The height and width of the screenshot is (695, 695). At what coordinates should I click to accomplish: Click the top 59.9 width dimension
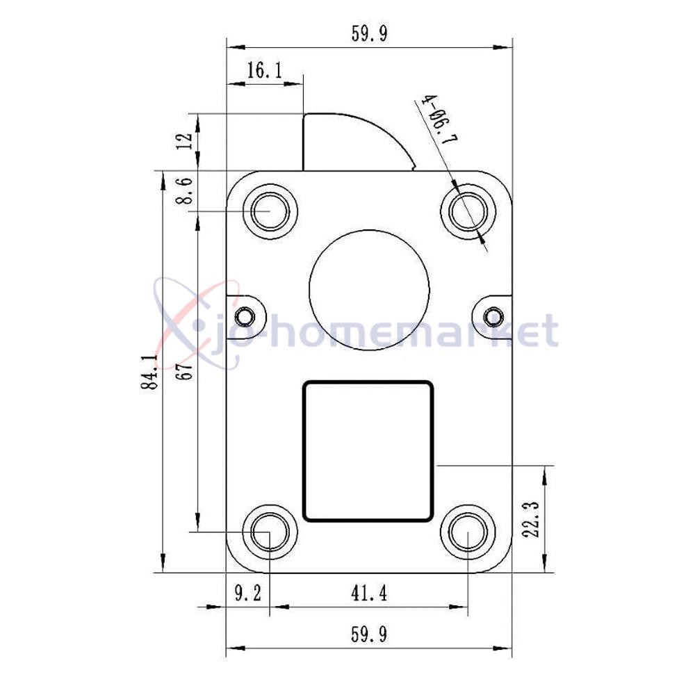click(x=369, y=33)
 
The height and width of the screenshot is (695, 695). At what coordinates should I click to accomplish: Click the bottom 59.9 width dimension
click(x=369, y=635)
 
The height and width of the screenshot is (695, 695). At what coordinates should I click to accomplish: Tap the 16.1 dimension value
click(x=264, y=70)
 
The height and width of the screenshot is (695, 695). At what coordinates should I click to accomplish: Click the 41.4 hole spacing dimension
click(x=369, y=593)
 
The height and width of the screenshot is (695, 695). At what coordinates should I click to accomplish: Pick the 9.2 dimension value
click(x=248, y=593)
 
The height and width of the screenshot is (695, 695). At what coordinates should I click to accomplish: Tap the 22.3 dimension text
click(x=530, y=519)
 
